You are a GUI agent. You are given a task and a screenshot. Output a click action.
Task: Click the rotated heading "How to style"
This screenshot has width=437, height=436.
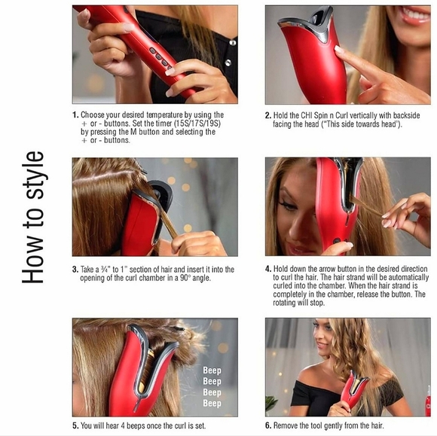click(33, 218)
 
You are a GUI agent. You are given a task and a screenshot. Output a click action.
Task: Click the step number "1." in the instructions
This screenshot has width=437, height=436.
click(75, 114)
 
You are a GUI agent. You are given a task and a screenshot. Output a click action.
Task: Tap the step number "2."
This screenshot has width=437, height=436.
click(268, 115)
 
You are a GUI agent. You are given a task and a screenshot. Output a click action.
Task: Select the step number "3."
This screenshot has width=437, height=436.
click(75, 270)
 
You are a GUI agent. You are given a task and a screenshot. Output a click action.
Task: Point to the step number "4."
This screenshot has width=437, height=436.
click(268, 269)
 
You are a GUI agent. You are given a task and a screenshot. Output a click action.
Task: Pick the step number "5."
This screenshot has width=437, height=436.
click(75, 425)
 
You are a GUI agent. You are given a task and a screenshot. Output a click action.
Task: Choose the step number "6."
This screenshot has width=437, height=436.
click(268, 425)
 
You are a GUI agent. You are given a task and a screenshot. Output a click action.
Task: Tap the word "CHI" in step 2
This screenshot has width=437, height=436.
click(307, 115)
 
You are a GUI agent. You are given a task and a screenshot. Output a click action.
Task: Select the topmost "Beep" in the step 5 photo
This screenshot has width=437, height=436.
click(212, 370)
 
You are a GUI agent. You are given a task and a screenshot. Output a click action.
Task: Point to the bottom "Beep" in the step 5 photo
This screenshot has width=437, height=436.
click(212, 403)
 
